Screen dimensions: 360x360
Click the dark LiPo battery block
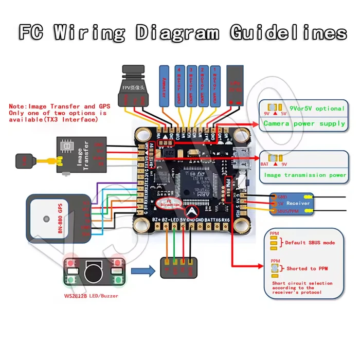click(236, 85)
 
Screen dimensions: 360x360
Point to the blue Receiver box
click(291, 203)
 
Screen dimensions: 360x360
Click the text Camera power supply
click(304, 123)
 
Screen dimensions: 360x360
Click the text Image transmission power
click(305, 175)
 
